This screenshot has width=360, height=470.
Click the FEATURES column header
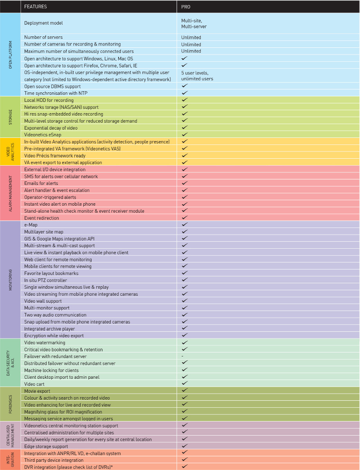35,7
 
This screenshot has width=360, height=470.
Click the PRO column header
186,7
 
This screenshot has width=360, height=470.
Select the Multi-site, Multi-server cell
194,23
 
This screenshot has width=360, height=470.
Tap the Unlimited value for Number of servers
191,38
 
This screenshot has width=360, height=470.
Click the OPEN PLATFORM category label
10,55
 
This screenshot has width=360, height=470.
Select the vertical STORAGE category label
10,117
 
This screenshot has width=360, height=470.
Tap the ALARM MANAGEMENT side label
10,193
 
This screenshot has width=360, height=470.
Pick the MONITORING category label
10,280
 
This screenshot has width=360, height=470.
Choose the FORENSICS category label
10,405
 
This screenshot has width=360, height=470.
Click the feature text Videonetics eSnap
42,135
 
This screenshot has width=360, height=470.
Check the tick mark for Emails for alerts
185,183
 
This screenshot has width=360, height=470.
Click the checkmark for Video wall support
185,301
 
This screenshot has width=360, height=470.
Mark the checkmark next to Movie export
185,390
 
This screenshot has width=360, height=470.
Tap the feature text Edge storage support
46,446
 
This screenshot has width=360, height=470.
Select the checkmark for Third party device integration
185,460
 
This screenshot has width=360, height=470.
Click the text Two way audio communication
55,315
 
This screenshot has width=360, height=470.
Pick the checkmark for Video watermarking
185,342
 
